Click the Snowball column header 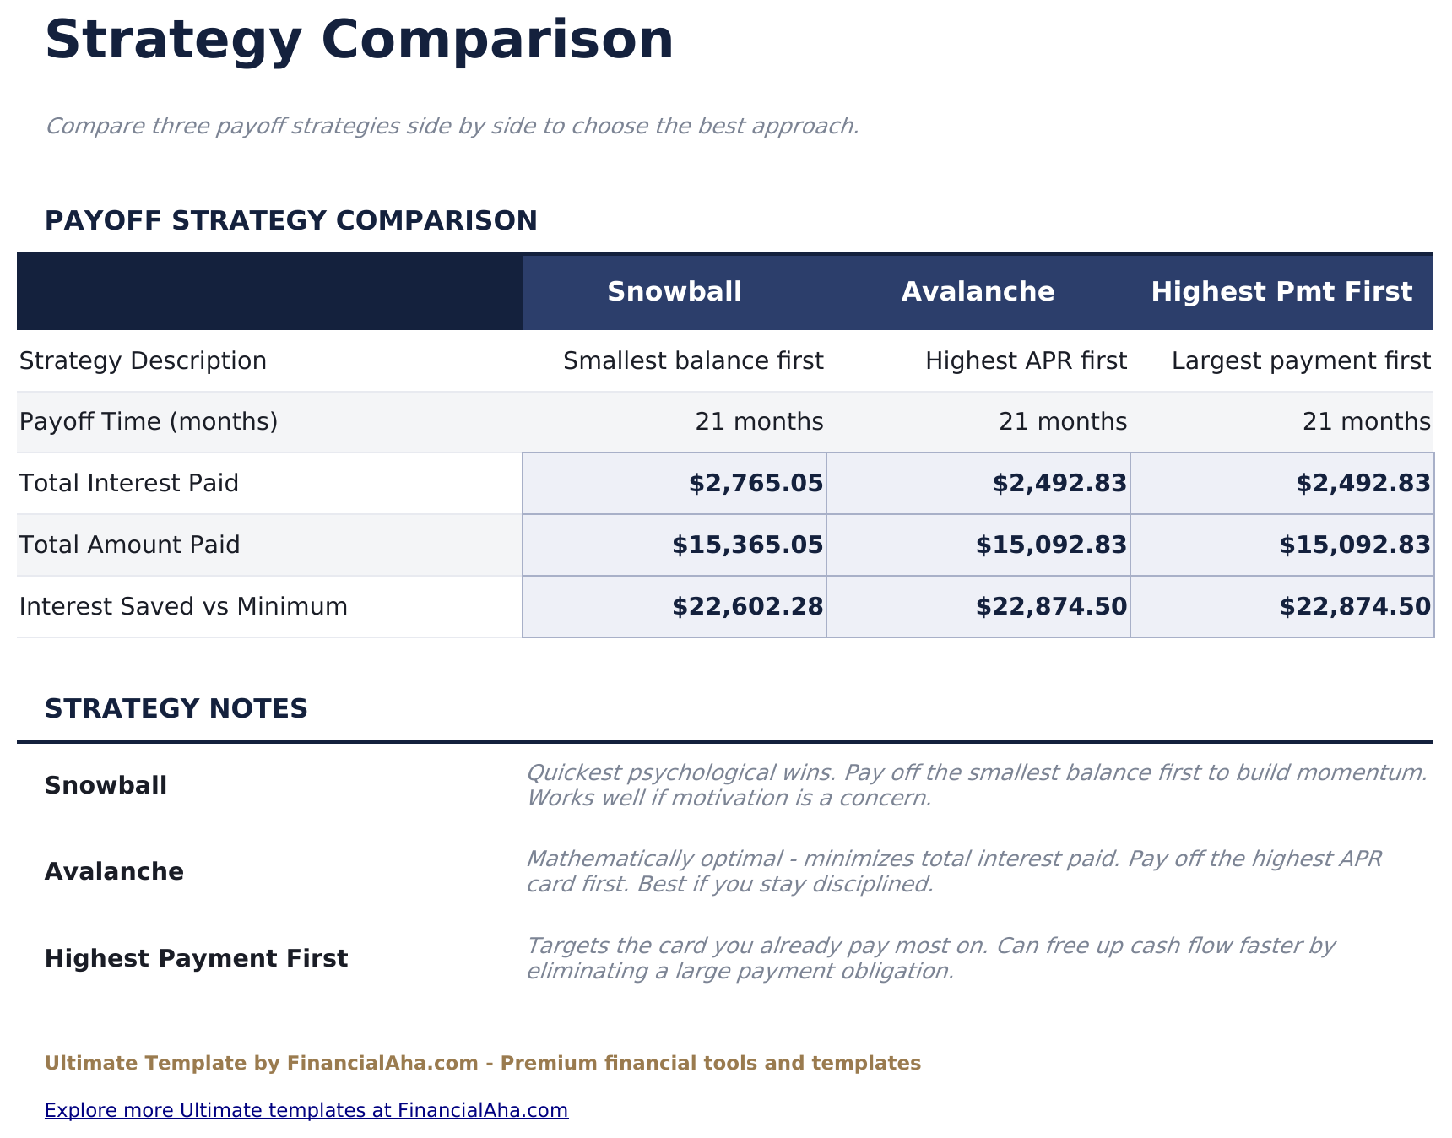(x=675, y=292)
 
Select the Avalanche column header (x=978, y=292)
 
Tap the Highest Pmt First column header (x=1281, y=292)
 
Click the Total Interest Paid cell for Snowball (x=675, y=484)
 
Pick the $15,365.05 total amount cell (x=675, y=545)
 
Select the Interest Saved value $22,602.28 (x=675, y=607)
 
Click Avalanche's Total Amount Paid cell (x=978, y=545)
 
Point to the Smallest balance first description (x=692, y=361)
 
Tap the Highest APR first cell (x=1026, y=361)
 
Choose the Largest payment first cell (x=1301, y=361)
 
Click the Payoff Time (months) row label (x=149, y=421)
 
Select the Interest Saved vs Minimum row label (x=183, y=607)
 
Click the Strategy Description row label (x=143, y=361)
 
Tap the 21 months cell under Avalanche (x=1062, y=421)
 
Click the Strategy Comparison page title (x=359, y=41)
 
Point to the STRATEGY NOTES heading (x=176, y=709)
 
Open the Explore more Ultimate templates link (x=306, y=1110)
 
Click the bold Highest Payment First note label (x=196, y=959)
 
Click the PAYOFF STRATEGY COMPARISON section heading (x=290, y=221)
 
